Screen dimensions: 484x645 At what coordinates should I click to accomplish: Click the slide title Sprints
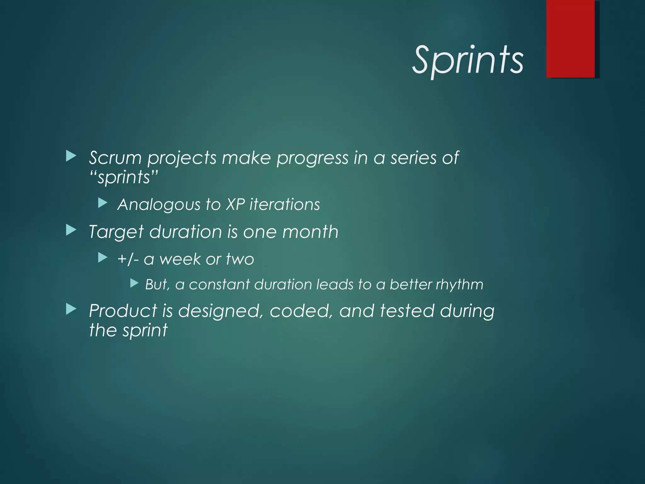[x=468, y=60]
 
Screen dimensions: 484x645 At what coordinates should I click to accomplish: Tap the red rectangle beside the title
[x=570, y=38]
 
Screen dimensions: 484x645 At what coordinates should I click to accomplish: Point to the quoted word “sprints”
[x=123, y=177]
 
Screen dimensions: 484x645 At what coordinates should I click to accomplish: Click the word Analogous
[x=159, y=205]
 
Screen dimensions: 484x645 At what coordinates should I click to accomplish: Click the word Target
[x=116, y=232]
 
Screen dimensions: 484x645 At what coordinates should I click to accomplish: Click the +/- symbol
[x=128, y=259]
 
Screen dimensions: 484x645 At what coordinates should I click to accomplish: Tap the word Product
[x=123, y=311]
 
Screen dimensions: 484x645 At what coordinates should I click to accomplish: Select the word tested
[x=407, y=311]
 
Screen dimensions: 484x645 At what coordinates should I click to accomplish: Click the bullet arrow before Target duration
[x=71, y=231]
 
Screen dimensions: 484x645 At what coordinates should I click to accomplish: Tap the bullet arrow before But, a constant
[x=134, y=283]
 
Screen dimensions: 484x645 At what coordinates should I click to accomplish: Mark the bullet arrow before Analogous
[x=103, y=203]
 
